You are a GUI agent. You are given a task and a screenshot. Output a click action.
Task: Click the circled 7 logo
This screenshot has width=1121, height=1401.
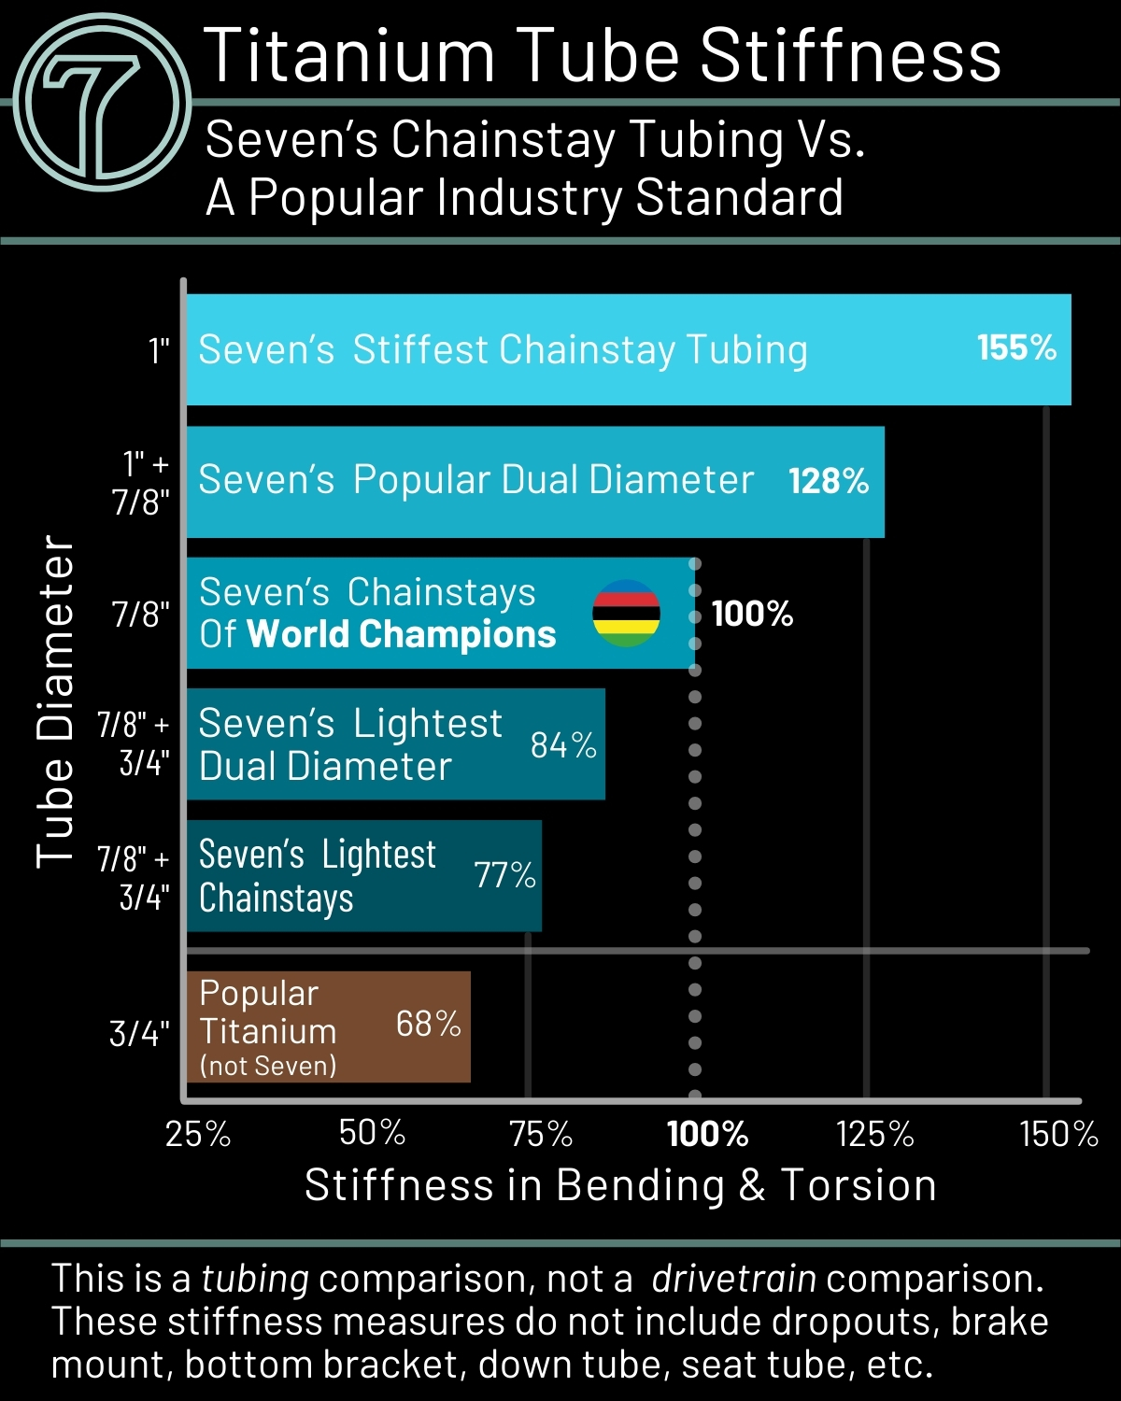pos(103,103)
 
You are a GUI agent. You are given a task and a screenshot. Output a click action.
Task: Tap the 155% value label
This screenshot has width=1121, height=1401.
pos(1016,348)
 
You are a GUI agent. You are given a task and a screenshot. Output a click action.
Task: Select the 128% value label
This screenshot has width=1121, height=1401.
pos(829,481)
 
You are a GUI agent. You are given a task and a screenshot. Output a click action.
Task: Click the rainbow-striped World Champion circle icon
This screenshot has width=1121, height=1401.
pos(626,614)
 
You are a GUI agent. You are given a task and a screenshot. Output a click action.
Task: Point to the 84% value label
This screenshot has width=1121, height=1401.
pos(563,745)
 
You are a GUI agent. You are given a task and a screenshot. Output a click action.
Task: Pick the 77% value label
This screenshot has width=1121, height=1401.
pos(504,875)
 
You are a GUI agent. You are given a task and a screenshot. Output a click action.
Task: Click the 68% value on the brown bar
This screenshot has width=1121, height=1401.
pos(428,1024)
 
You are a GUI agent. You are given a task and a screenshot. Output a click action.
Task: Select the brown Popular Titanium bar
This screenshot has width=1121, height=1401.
pos(328,1027)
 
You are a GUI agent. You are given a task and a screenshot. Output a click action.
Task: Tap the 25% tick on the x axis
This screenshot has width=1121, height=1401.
pos(198,1134)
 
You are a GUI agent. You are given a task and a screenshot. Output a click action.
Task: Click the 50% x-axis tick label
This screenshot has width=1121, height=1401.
pos(372,1134)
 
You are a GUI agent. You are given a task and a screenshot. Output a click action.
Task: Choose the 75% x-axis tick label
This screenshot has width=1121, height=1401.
pos(541,1134)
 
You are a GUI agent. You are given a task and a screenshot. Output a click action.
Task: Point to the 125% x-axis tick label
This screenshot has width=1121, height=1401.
pos(874,1134)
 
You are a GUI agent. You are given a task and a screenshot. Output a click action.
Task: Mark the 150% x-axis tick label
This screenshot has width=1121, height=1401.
pos(1058,1134)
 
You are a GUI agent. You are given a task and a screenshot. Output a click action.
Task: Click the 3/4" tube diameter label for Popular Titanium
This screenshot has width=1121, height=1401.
pos(139,1033)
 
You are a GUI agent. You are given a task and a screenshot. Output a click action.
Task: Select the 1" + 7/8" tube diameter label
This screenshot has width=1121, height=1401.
pos(142,483)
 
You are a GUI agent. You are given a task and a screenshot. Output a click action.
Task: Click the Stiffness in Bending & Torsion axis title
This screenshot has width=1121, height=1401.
pos(620,1185)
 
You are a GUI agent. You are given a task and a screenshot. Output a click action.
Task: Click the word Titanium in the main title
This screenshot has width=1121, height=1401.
pos(348,56)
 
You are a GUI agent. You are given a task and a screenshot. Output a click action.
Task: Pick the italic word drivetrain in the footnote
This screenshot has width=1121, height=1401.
pos(733,1279)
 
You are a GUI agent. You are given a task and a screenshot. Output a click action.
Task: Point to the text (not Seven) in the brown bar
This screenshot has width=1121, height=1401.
pos(268,1066)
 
